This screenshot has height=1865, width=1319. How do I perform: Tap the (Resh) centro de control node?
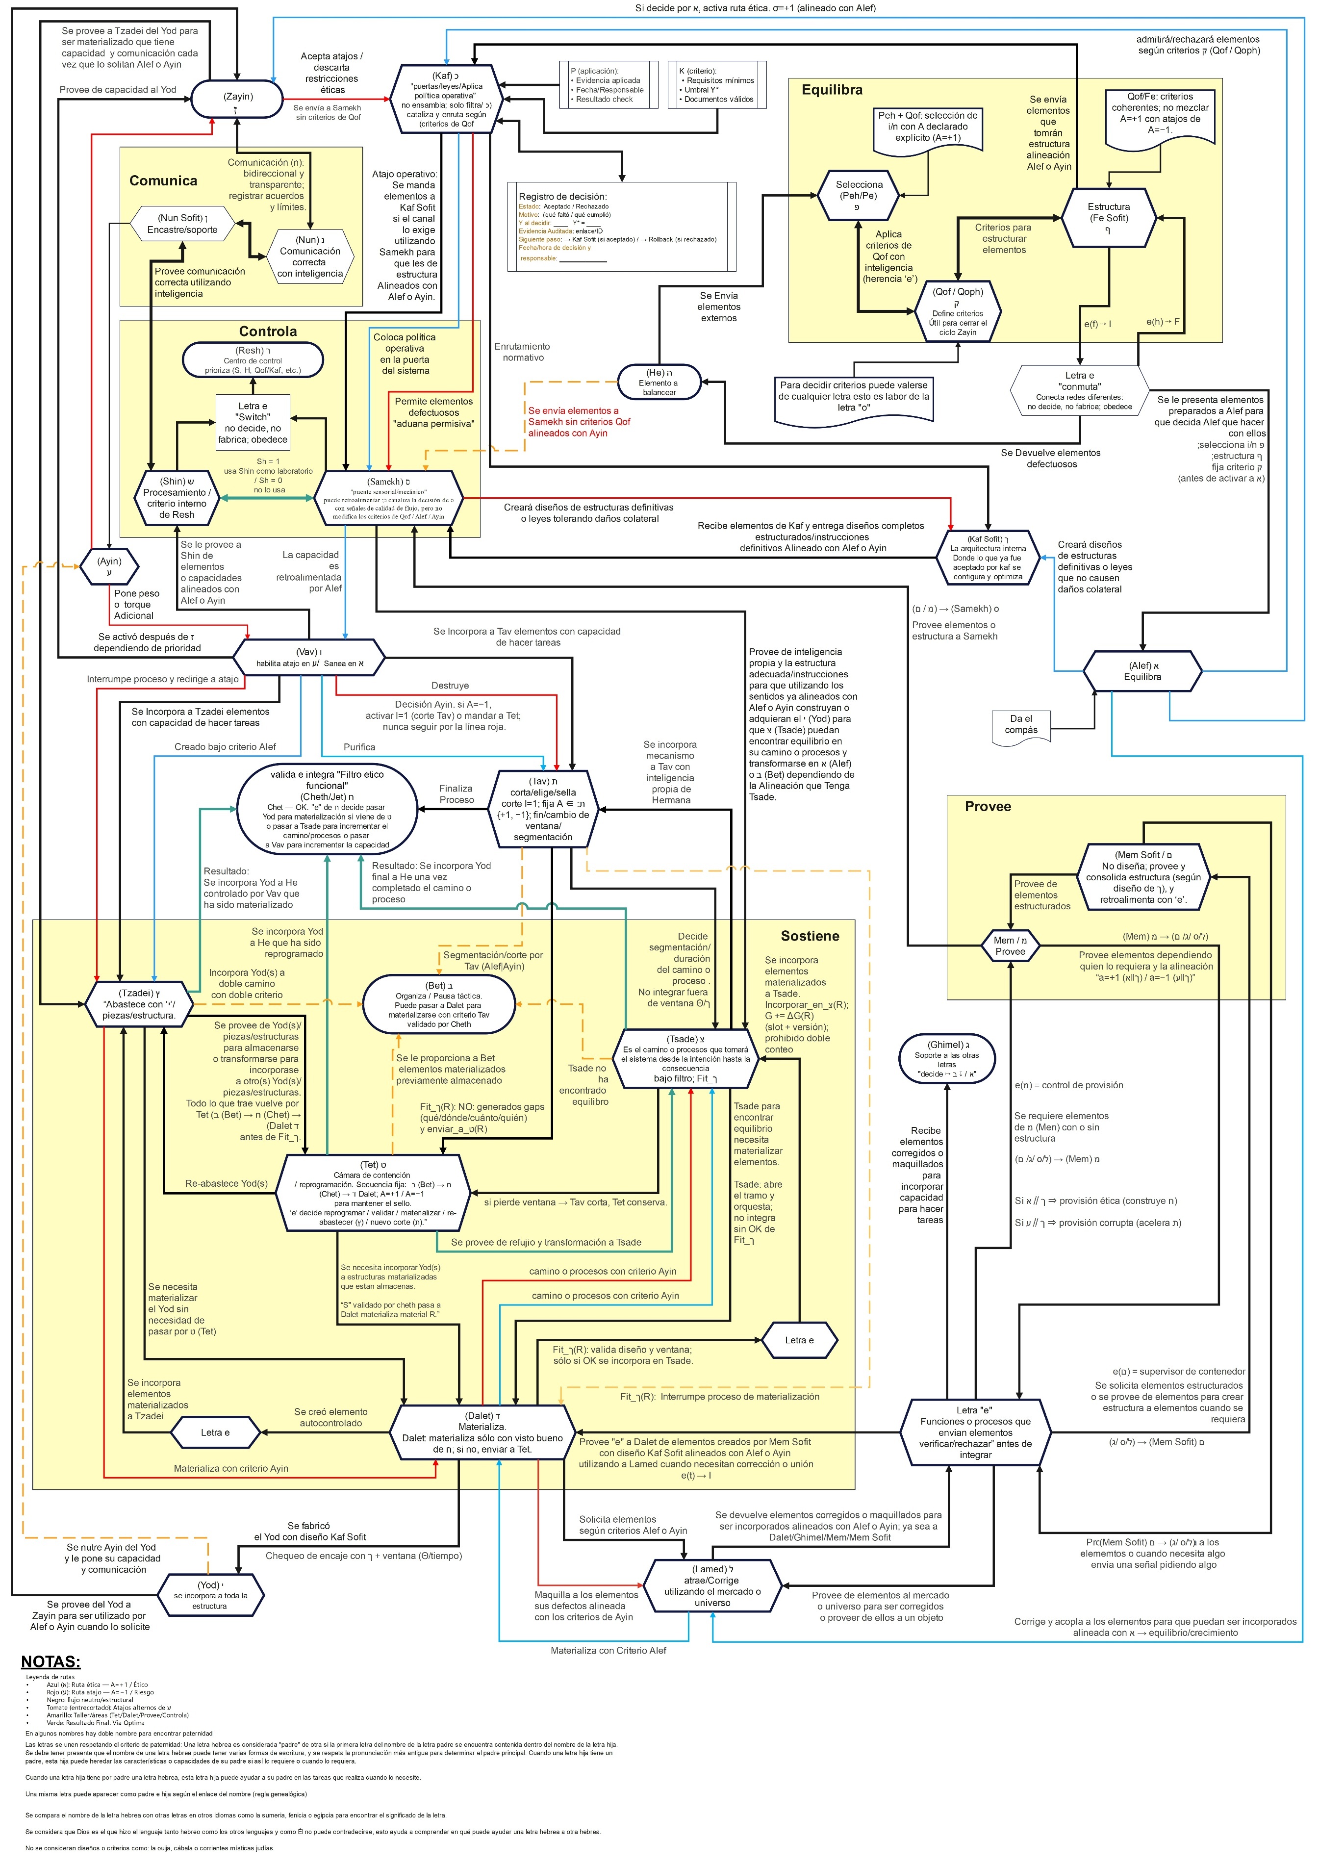(253, 360)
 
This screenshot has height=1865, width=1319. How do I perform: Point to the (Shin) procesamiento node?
(176, 497)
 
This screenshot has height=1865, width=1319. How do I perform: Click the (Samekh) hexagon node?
(388, 498)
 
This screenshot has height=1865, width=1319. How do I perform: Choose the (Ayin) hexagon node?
(109, 565)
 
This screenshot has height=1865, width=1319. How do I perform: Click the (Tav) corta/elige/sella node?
(542, 808)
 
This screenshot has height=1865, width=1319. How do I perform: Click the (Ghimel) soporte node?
(946, 1058)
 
